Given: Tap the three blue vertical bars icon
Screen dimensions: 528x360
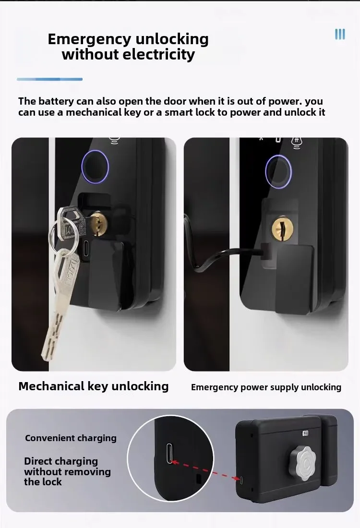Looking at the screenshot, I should [x=340, y=34].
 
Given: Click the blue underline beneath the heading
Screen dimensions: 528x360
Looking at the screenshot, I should [x=49, y=79].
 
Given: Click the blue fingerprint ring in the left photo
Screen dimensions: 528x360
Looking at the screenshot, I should [x=95, y=166].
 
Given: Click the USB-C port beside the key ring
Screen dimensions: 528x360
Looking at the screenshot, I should [x=85, y=250].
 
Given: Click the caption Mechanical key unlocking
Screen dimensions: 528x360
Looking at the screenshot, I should [x=94, y=386].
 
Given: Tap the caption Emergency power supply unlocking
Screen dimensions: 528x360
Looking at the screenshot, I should [x=266, y=387].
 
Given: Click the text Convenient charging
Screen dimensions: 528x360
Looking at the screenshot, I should [x=71, y=438].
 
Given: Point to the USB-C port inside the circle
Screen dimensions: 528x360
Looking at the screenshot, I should [x=169, y=453].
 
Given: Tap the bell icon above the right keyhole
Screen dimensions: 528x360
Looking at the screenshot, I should [x=296, y=140].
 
